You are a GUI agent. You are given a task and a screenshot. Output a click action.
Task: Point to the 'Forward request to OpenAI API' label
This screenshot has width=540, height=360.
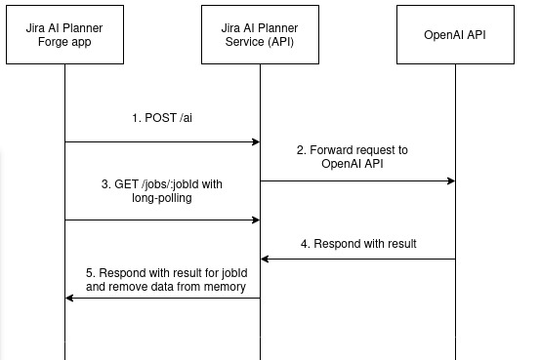tap(352, 158)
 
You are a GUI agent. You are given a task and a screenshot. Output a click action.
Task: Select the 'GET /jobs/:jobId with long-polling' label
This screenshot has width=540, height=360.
tap(162, 191)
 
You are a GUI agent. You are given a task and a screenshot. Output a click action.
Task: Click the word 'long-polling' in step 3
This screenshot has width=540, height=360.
tap(163, 199)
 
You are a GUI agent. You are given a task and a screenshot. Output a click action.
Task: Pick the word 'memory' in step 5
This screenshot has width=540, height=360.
tap(223, 287)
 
